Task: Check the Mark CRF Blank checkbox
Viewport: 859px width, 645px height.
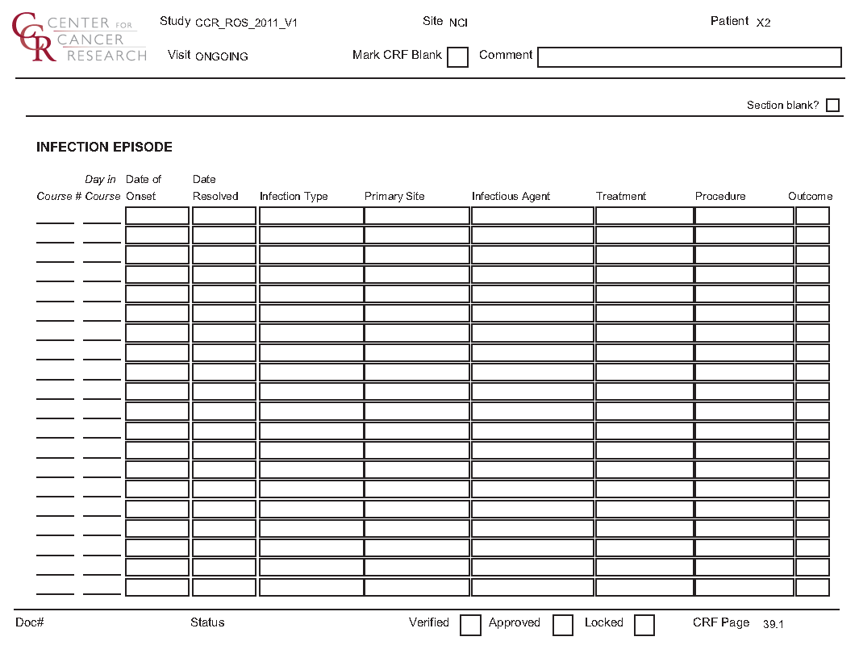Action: click(x=457, y=57)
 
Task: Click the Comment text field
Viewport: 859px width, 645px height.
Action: click(x=689, y=57)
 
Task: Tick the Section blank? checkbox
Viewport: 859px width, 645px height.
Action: click(x=832, y=106)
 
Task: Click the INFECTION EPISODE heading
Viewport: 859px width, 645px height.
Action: click(x=104, y=148)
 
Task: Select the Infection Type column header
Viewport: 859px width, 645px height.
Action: click(x=294, y=197)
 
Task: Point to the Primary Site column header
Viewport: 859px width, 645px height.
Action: click(x=394, y=197)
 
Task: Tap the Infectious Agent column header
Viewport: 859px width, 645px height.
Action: click(x=511, y=197)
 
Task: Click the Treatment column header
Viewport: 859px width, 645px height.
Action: click(x=621, y=197)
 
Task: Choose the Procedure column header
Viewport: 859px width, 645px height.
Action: click(x=720, y=197)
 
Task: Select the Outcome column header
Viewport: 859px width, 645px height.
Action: click(x=810, y=197)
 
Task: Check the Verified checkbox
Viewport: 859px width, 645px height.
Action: click(x=470, y=625)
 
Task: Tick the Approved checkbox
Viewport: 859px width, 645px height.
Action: click(x=563, y=625)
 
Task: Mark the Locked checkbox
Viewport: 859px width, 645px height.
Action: click(x=644, y=625)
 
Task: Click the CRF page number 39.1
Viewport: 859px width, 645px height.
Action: click(x=774, y=624)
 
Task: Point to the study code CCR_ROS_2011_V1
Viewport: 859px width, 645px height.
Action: click(x=246, y=23)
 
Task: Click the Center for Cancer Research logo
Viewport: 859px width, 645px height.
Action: click(x=79, y=38)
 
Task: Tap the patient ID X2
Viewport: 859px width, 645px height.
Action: click(x=763, y=23)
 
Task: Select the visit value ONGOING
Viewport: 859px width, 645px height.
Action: click(x=221, y=57)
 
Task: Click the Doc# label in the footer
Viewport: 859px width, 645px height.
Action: click(x=29, y=623)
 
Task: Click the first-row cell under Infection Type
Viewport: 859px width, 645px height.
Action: click(x=311, y=216)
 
